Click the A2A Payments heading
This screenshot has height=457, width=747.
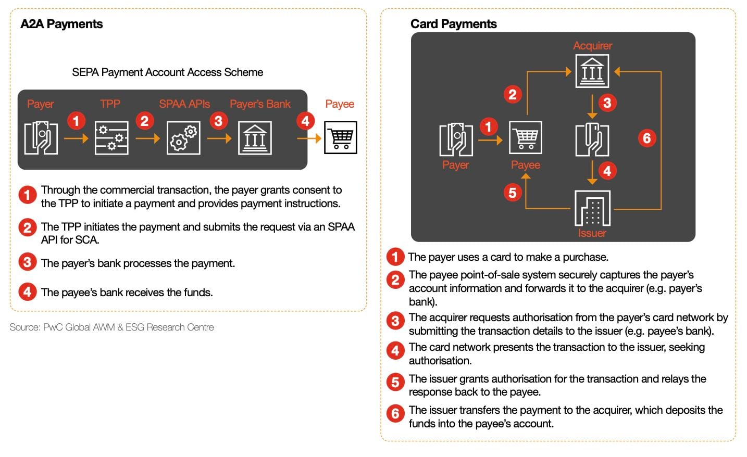[61, 24]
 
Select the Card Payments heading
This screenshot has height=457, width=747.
[453, 24]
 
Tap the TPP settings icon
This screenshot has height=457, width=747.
[111, 138]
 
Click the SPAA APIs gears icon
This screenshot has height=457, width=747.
[183, 138]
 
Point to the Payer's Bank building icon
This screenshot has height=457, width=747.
[255, 138]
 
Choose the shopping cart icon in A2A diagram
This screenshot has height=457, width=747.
[341, 137]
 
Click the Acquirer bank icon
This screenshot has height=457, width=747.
[592, 71]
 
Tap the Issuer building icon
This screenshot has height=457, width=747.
[592, 208]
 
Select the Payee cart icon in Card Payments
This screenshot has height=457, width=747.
[526, 137]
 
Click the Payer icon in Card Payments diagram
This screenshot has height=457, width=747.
[456, 139]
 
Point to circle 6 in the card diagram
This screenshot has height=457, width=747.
[646, 138]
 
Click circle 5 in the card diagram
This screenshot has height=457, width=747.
[513, 193]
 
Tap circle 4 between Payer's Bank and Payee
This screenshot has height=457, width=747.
[305, 121]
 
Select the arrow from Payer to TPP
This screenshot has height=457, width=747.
[76, 138]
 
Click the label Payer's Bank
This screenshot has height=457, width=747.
[260, 104]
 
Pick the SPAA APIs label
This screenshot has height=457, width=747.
[184, 104]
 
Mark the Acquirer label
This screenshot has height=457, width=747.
[592, 46]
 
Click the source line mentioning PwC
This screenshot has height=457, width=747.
[111, 327]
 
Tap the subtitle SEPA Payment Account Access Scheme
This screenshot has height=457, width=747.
[167, 72]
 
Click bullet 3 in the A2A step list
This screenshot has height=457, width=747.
[27, 262]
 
